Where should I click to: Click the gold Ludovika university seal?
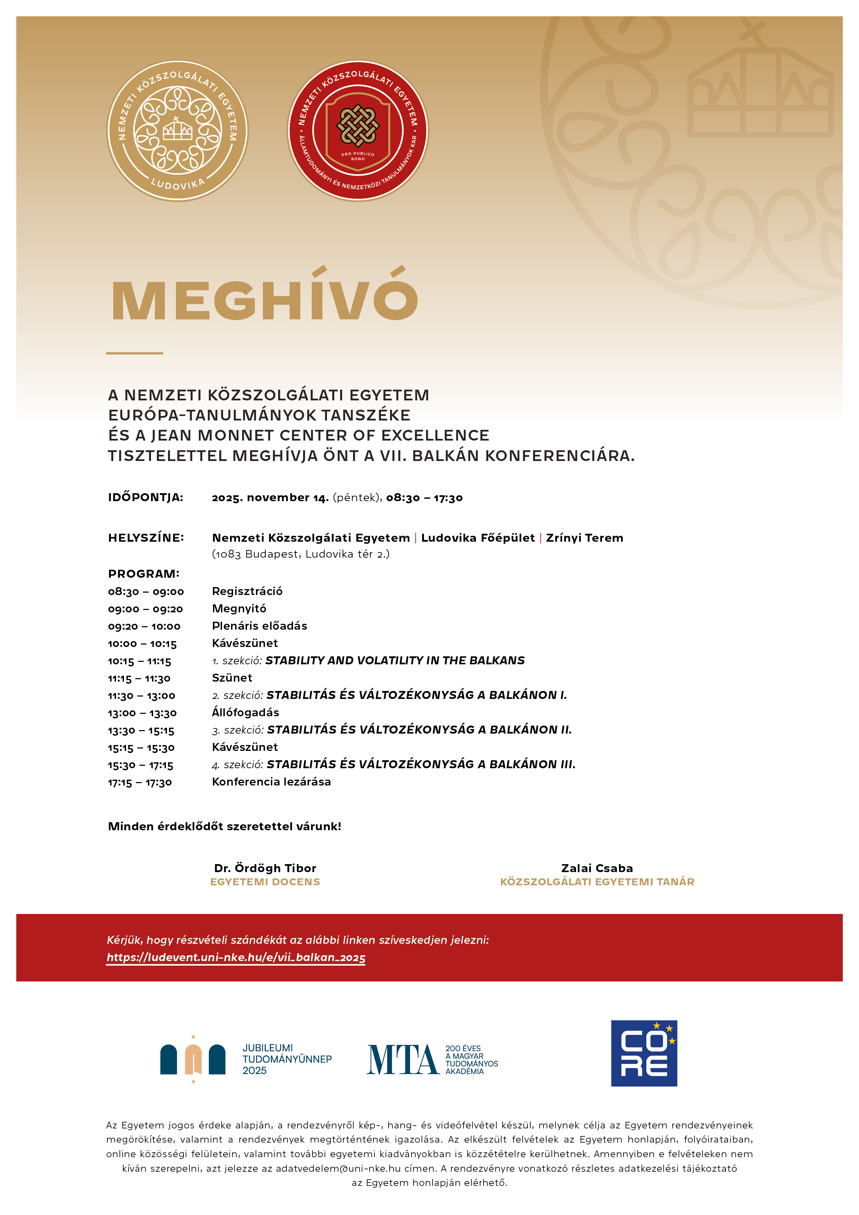pyautogui.click(x=177, y=130)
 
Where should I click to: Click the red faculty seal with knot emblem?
pyautogui.click(x=358, y=130)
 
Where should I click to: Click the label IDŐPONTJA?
pyautogui.click(x=145, y=497)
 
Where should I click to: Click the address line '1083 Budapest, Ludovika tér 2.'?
pyautogui.click(x=301, y=554)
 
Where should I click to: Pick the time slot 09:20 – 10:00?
pyautogui.click(x=144, y=627)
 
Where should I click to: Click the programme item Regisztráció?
pyautogui.click(x=247, y=591)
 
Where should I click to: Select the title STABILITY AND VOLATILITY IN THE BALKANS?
pyautogui.click(x=395, y=660)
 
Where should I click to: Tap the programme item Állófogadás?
pyautogui.click(x=246, y=712)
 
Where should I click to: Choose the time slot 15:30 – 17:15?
pyautogui.click(x=140, y=765)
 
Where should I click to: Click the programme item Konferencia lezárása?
pyautogui.click(x=272, y=782)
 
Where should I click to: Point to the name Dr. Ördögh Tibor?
pyautogui.click(x=265, y=868)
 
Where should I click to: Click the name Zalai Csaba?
pyautogui.click(x=597, y=868)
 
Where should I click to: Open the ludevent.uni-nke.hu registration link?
pyautogui.click(x=236, y=957)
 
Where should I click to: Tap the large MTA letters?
pyautogui.click(x=403, y=1059)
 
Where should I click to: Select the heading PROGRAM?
pyautogui.click(x=143, y=574)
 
